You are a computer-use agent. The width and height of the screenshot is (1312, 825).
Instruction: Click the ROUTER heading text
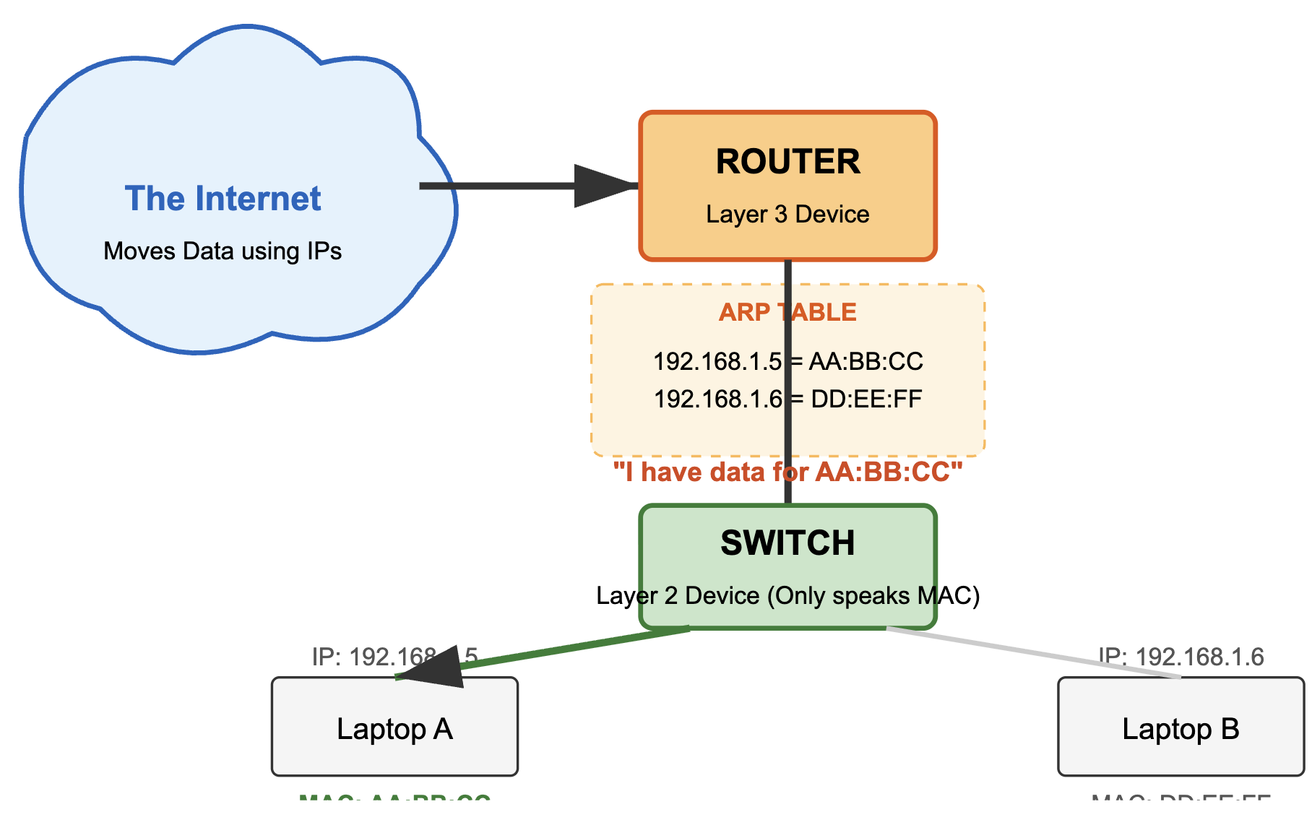[787, 162]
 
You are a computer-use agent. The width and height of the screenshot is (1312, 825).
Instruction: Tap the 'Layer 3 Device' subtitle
[787, 215]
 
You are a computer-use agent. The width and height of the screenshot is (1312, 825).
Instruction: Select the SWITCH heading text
[787, 543]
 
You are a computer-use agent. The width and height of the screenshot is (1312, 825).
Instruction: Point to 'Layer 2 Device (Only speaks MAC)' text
[787, 596]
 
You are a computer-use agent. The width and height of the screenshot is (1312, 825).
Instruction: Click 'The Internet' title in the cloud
[223, 199]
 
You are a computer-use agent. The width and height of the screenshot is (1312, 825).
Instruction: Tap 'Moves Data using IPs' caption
[223, 251]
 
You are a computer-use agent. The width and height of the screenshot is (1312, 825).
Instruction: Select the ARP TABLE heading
[787, 312]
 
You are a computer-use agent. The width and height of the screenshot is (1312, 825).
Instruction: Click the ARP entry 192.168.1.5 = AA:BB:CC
[787, 361]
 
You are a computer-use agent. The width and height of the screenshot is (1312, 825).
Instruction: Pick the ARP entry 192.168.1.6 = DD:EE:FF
[787, 399]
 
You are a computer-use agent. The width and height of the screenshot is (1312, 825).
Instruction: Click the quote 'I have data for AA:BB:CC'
[787, 472]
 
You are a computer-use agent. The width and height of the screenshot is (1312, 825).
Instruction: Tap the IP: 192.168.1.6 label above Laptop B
[1181, 657]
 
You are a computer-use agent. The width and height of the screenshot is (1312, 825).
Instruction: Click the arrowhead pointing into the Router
[603, 186]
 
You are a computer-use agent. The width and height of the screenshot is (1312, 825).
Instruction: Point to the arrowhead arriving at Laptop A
[433, 666]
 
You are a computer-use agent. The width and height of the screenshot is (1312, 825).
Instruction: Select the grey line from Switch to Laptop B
[1033, 653]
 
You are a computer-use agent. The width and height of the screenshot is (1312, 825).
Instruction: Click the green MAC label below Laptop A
[394, 799]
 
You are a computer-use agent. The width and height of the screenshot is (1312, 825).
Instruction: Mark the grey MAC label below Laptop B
[1181, 799]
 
